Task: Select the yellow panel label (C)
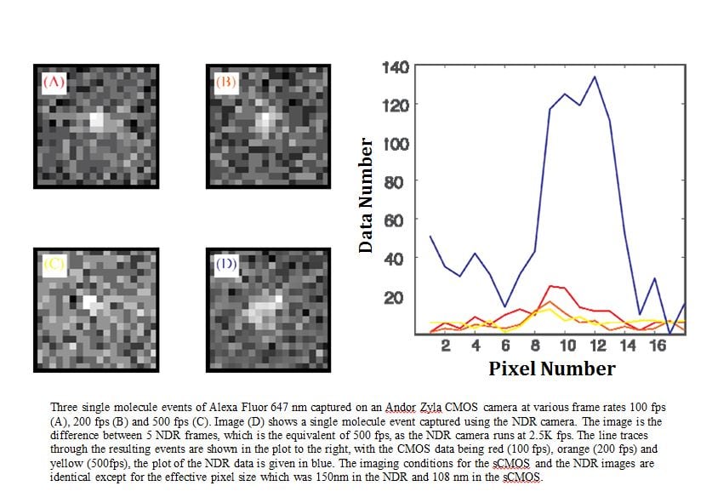[54, 263]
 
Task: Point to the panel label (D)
[225, 263]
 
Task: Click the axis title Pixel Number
[551, 369]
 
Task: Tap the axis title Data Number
[366, 195]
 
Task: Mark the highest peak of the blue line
[594, 77]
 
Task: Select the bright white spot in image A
[96, 120]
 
